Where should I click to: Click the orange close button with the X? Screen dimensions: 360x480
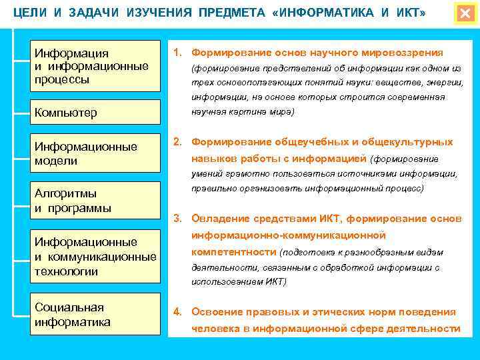point(465,14)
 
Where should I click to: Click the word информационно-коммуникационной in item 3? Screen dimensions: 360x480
point(289,235)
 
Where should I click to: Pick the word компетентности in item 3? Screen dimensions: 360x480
point(234,252)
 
